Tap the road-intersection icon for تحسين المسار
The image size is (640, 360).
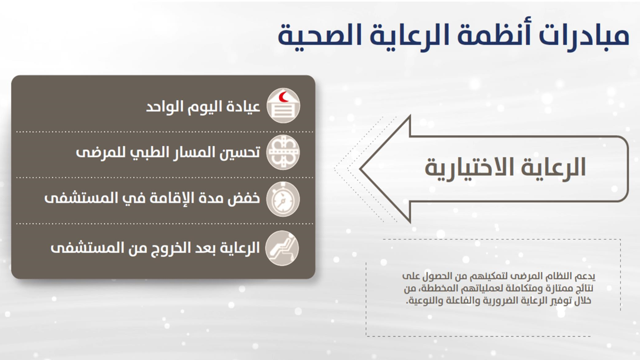[283, 152]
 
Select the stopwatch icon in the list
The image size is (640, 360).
[283, 199]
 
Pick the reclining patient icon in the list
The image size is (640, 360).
[282, 248]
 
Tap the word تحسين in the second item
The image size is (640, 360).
[240, 152]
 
